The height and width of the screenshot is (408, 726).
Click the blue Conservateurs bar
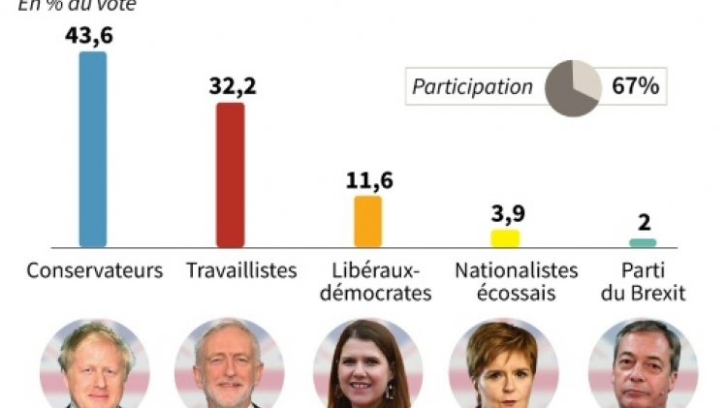point(93,149)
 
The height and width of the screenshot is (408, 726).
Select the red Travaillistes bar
point(231,174)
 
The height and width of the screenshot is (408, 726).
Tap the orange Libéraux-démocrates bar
point(367,221)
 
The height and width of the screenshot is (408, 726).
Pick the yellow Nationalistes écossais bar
point(505,238)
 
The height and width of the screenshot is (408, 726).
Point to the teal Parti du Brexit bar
point(643,242)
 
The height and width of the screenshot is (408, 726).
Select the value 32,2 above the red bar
point(233,85)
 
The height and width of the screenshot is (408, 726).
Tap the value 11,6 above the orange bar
point(369,179)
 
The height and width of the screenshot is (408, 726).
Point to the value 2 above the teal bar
point(644,223)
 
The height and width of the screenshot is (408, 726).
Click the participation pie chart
point(572,87)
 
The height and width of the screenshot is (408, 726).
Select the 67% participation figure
point(636,86)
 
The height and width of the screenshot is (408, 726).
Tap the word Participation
point(472,87)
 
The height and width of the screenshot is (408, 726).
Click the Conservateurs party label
point(94,270)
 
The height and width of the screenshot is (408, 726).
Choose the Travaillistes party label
point(241,270)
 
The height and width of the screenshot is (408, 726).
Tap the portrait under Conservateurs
point(95,364)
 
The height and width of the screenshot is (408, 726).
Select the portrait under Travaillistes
point(230,364)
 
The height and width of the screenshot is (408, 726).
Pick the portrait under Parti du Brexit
point(642,364)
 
